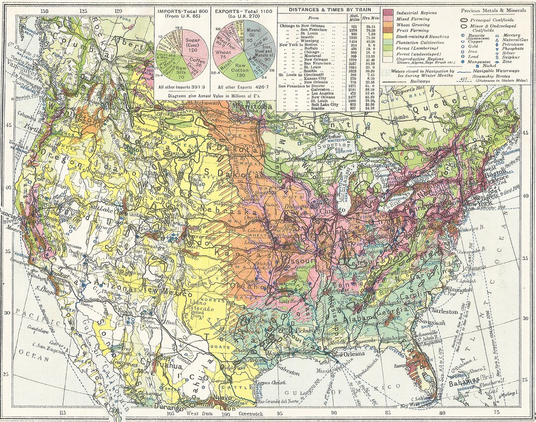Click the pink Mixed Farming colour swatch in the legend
point(387,18)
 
